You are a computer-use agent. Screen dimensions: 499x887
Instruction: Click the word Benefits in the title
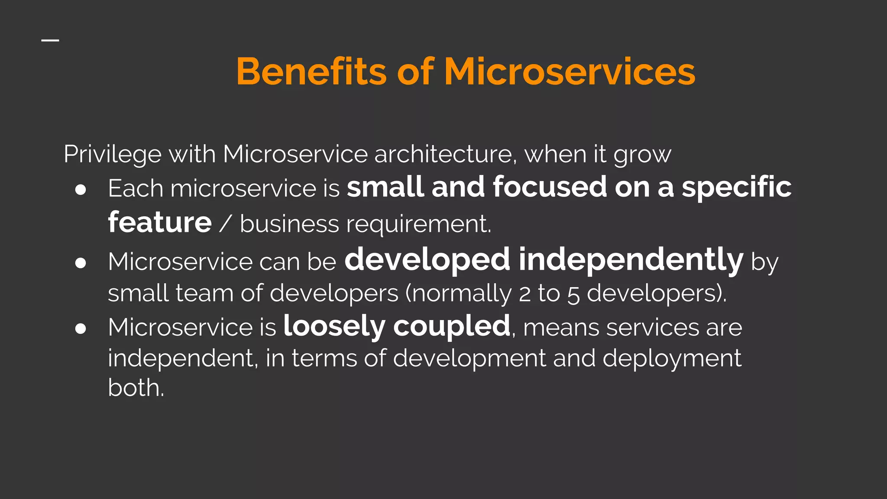pyautogui.click(x=311, y=71)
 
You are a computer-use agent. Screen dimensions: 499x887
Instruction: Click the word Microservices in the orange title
pyautogui.click(x=570, y=71)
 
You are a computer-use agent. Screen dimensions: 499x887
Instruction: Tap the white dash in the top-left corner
pyautogui.click(x=50, y=40)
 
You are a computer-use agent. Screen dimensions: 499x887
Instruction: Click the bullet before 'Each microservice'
pyautogui.click(x=81, y=190)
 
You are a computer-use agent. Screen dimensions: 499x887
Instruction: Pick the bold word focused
pyautogui.click(x=550, y=187)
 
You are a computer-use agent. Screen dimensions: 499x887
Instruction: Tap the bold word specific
pyautogui.click(x=737, y=188)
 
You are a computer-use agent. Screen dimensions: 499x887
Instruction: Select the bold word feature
pyautogui.click(x=160, y=223)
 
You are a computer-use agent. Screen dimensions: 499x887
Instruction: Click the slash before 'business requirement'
pyautogui.click(x=226, y=224)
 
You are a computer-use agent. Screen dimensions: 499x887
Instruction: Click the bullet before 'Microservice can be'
pyautogui.click(x=81, y=263)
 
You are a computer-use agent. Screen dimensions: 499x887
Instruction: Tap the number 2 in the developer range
pyautogui.click(x=524, y=294)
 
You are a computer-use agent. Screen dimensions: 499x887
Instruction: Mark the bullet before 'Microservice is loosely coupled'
pyautogui.click(x=81, y=328)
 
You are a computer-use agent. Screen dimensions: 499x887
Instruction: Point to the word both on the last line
pyautogui.click(x=136, y=388)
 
